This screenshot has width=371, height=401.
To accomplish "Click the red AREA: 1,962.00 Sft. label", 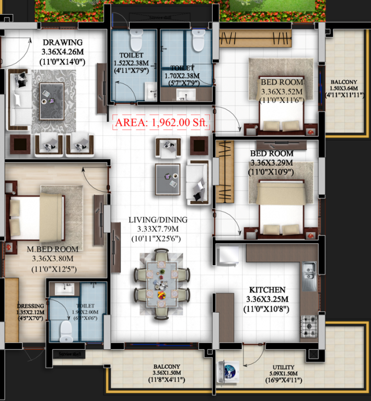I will pos(162,123).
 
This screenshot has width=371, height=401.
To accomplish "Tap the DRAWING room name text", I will pos(62,42).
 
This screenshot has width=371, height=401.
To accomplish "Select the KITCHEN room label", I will pos(266,290).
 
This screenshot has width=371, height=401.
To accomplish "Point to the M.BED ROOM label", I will pos(53,249).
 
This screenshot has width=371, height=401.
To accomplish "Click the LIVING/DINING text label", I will pos(158,220).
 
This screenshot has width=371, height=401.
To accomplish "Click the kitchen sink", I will pos(309,270).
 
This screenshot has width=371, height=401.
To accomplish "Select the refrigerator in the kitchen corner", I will pos(229,255).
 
